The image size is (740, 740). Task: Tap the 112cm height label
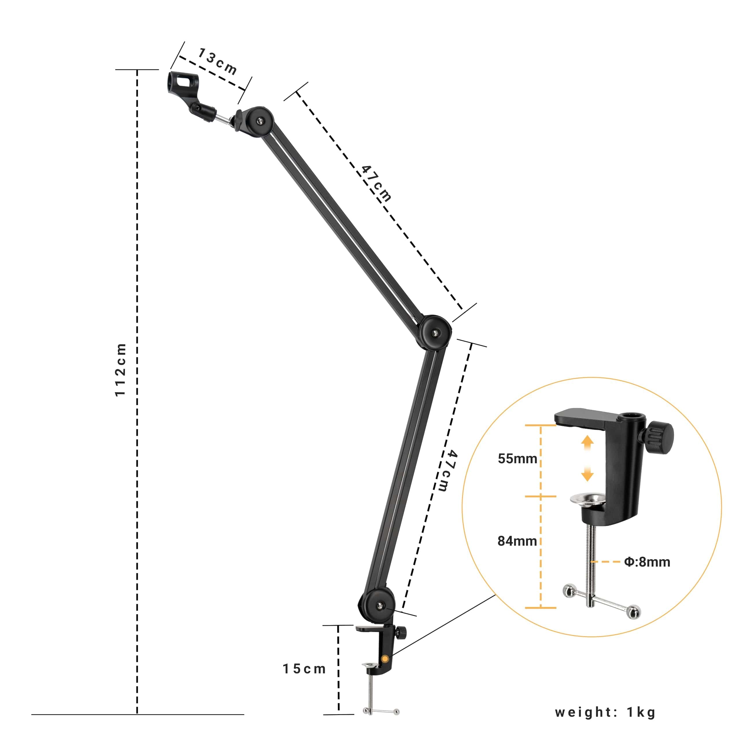(121, 370)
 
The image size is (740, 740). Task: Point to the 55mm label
(517, 458)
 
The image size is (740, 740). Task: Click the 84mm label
(517, 541)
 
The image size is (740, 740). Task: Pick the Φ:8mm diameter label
(647, 562)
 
